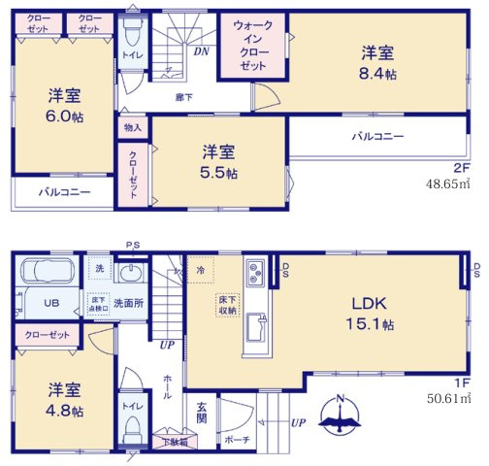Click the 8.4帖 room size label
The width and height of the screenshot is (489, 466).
378,74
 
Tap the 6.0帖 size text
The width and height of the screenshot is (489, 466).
66,115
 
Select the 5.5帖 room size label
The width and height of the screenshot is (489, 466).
220,172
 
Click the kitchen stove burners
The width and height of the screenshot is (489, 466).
257,271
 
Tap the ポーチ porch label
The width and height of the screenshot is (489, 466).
238,439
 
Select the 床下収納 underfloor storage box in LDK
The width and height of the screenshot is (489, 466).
226,305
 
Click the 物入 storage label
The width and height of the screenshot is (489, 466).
133,127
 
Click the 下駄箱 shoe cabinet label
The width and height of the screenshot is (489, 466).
175,442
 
